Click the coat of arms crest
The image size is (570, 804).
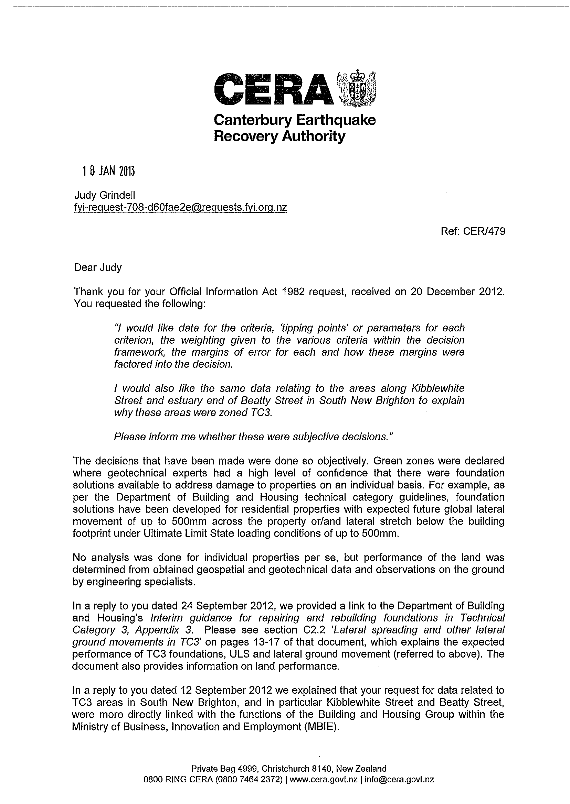(356, 88)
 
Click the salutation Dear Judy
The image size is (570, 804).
(97, 268)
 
